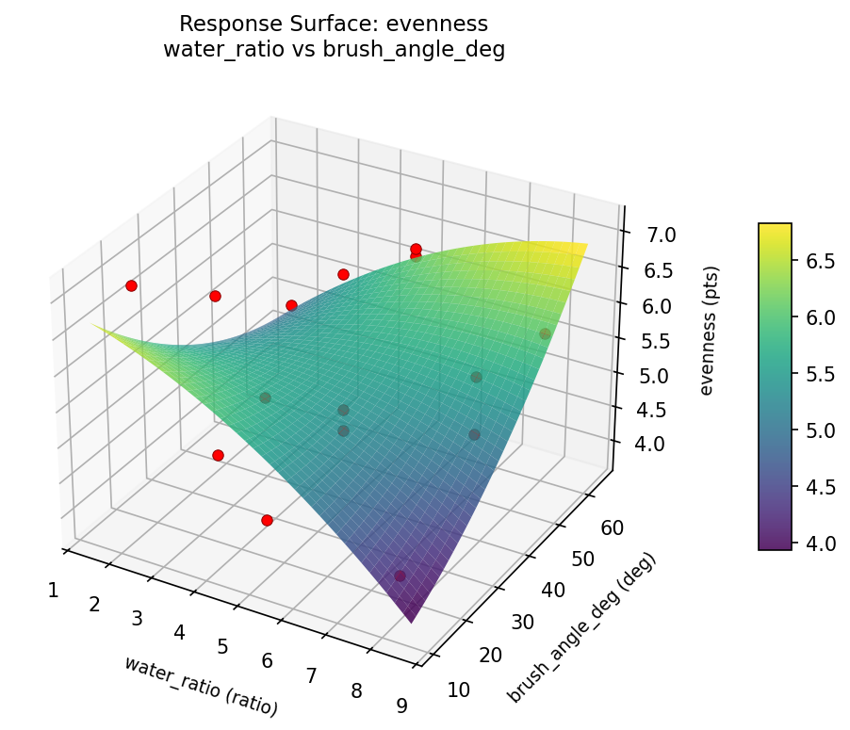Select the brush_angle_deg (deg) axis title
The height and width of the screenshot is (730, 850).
[581, 628]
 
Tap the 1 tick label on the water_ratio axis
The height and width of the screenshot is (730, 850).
[53, 590]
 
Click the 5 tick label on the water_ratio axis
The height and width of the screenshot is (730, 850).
[222, 646]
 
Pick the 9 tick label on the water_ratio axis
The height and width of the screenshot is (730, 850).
[402, 706]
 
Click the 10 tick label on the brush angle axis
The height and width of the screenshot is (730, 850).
[458, 690]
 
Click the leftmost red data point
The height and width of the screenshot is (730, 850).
[131, 285]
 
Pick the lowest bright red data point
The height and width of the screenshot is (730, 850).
[267, 520]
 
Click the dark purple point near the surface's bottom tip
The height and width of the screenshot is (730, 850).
[400, 576]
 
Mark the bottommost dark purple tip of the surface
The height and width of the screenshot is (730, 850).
[411, 622]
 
